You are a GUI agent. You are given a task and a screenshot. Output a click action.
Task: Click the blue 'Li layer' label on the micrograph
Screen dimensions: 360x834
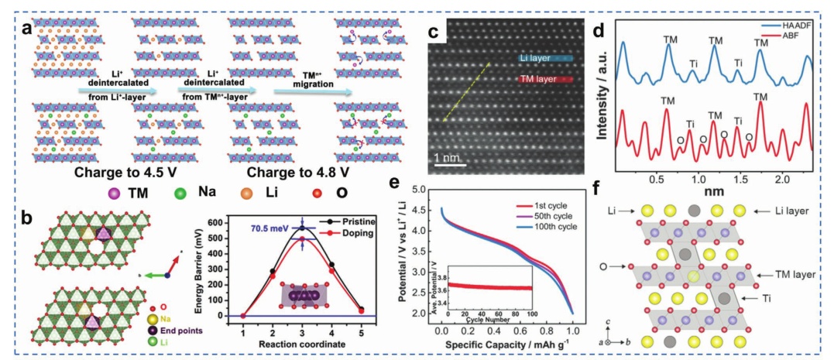(x=537, y=57)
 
